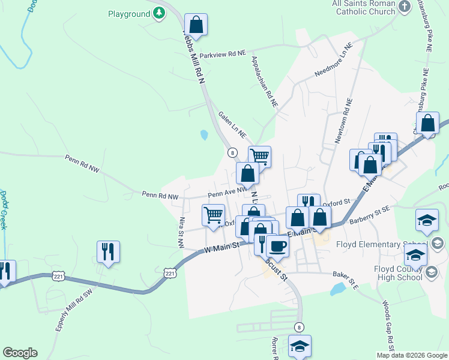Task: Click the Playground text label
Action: pos(128,13)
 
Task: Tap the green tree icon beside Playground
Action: pos(158,13)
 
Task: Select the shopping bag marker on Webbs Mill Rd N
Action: pos(196,25)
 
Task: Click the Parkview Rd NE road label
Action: pos(223,54)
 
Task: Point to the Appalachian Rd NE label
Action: pos(265,82)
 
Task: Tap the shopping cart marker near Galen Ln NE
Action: pos(259,157)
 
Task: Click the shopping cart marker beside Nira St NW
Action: pos(214,215)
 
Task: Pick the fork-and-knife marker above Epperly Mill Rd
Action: pos(108,251)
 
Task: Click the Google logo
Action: pos(20,353)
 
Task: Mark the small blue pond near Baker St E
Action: pos(338,290)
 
